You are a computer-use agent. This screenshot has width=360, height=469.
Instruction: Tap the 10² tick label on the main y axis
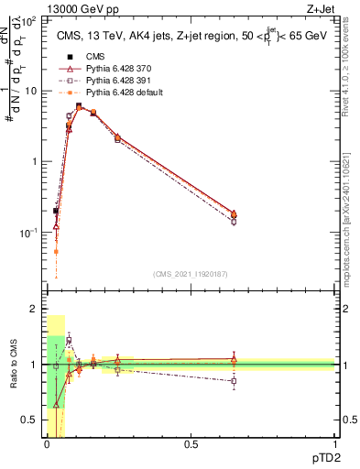(x=28, y=20)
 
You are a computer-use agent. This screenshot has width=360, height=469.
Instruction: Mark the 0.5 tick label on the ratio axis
(x=30, y=420)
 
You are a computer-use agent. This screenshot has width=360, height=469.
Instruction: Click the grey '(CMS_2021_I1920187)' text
(x=191, y=274)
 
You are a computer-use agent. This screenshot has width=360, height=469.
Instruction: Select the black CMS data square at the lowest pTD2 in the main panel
(x=56, y=212)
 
